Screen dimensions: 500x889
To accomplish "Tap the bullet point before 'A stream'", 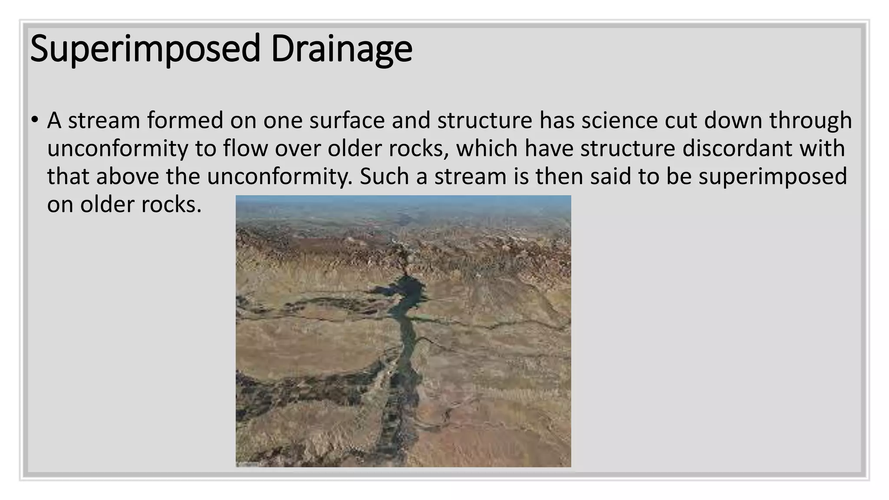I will point(35,120).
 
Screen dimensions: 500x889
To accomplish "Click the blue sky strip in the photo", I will point(403,201).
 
